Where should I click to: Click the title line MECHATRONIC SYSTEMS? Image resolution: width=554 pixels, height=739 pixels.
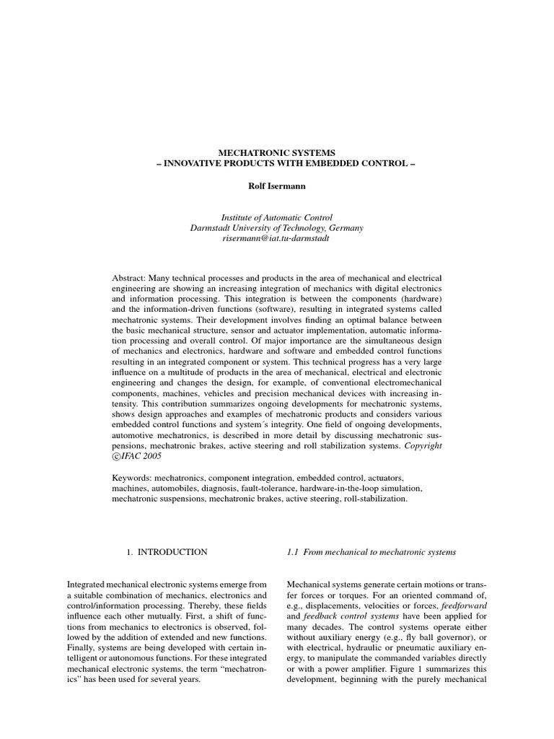277,153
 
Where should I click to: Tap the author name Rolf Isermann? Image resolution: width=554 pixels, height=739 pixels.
277,185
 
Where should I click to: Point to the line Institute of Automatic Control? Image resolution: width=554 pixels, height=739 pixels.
277,217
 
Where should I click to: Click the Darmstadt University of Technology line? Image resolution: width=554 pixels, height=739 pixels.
277,227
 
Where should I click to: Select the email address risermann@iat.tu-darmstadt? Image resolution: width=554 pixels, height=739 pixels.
277,237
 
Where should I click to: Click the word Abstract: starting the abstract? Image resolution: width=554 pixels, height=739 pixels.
130,278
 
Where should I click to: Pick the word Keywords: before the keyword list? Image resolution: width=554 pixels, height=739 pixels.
133,478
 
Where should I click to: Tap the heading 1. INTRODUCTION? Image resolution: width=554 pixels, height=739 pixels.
167,552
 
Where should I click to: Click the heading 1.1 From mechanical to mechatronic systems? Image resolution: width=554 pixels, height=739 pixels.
371,552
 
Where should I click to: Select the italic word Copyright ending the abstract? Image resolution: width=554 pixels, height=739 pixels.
423,447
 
